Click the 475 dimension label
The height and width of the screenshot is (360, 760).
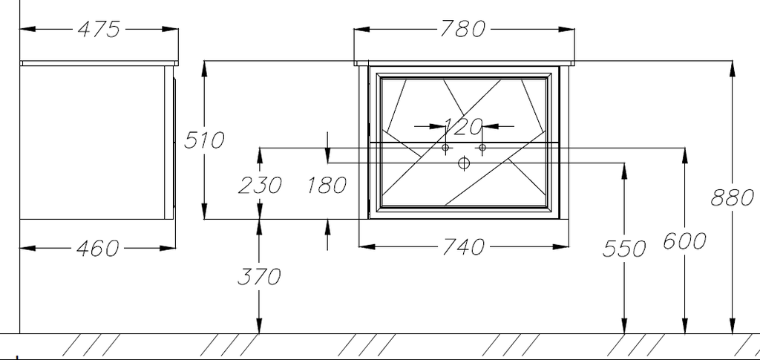(x=99, y=29)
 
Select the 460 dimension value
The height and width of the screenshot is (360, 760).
(x=97, y=248)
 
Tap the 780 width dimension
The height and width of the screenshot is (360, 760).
(x=462, y=29)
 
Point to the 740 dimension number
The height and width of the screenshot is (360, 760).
(x=462, y=247)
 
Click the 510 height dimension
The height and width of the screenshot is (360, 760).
(x=204, y=140)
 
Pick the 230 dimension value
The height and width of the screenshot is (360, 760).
(x=259, y=185)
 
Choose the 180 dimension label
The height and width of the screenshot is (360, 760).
(x=327, y=185)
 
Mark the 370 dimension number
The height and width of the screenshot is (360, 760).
(x=259, y=277)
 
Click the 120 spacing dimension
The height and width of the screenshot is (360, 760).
(x=463, y=126)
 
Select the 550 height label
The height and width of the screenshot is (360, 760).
(x=624, y=249)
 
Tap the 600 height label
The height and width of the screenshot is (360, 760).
(x=684, y=240)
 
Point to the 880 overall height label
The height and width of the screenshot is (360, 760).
(x=733, y=197)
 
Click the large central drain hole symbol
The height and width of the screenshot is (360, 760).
(x=464, y=163)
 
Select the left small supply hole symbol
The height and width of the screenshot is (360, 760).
(x=446, y=147)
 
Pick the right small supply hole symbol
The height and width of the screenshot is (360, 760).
(x=482, y=147)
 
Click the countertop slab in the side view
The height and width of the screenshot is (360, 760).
(x=99, y=63)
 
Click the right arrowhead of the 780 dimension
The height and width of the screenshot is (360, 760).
(x=566, y=29)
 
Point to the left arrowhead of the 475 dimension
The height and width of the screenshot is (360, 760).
(x=28, y=29)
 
